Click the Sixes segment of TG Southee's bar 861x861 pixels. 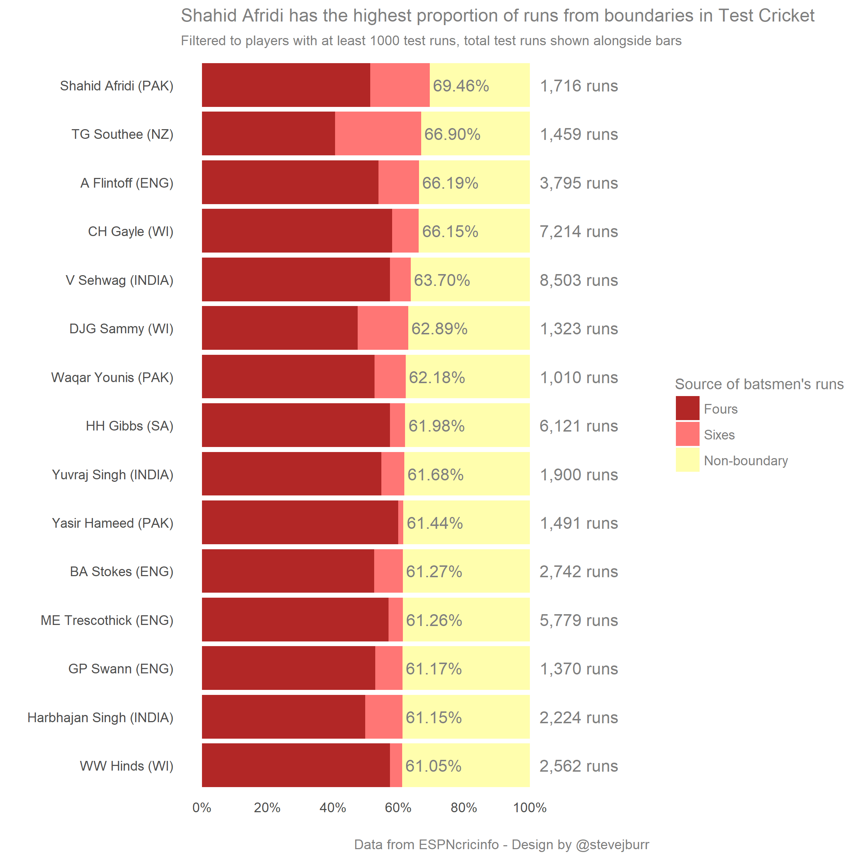(x=378, y=134)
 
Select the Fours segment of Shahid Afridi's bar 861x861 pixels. (x=286, y=85)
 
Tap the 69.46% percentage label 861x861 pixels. (x=461, y=86)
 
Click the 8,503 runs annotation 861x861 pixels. (x=578, y=280)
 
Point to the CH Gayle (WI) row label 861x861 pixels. (x=131, y=231)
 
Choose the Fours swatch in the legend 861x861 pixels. (x=687, y=408)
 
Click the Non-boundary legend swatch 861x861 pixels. (x=687, y=460)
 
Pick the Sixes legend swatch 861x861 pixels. (x=687, y=434)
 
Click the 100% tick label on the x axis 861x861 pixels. (x=530, y=808)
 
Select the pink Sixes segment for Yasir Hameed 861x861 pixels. (x=401, y=522)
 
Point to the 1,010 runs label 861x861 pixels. (x=578, y=377)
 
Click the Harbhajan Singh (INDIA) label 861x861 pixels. (x=100, y=717)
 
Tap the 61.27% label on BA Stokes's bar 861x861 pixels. (x=434, y=571)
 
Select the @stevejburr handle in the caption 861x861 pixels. (x=612, y=844)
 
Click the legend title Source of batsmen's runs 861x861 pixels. (x=759, y=384)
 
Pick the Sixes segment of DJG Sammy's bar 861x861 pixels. (x=383, y=329)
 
